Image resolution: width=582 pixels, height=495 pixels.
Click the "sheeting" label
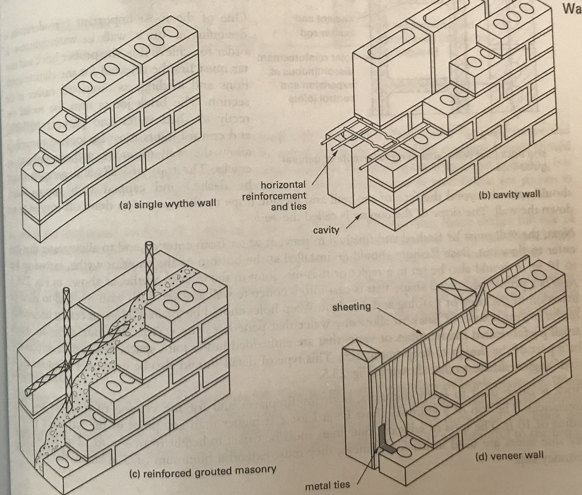tap(351, 307)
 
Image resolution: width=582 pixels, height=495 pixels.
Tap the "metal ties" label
tap(327, 485)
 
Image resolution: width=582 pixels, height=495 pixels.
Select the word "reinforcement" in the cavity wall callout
tap(274, 195)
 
